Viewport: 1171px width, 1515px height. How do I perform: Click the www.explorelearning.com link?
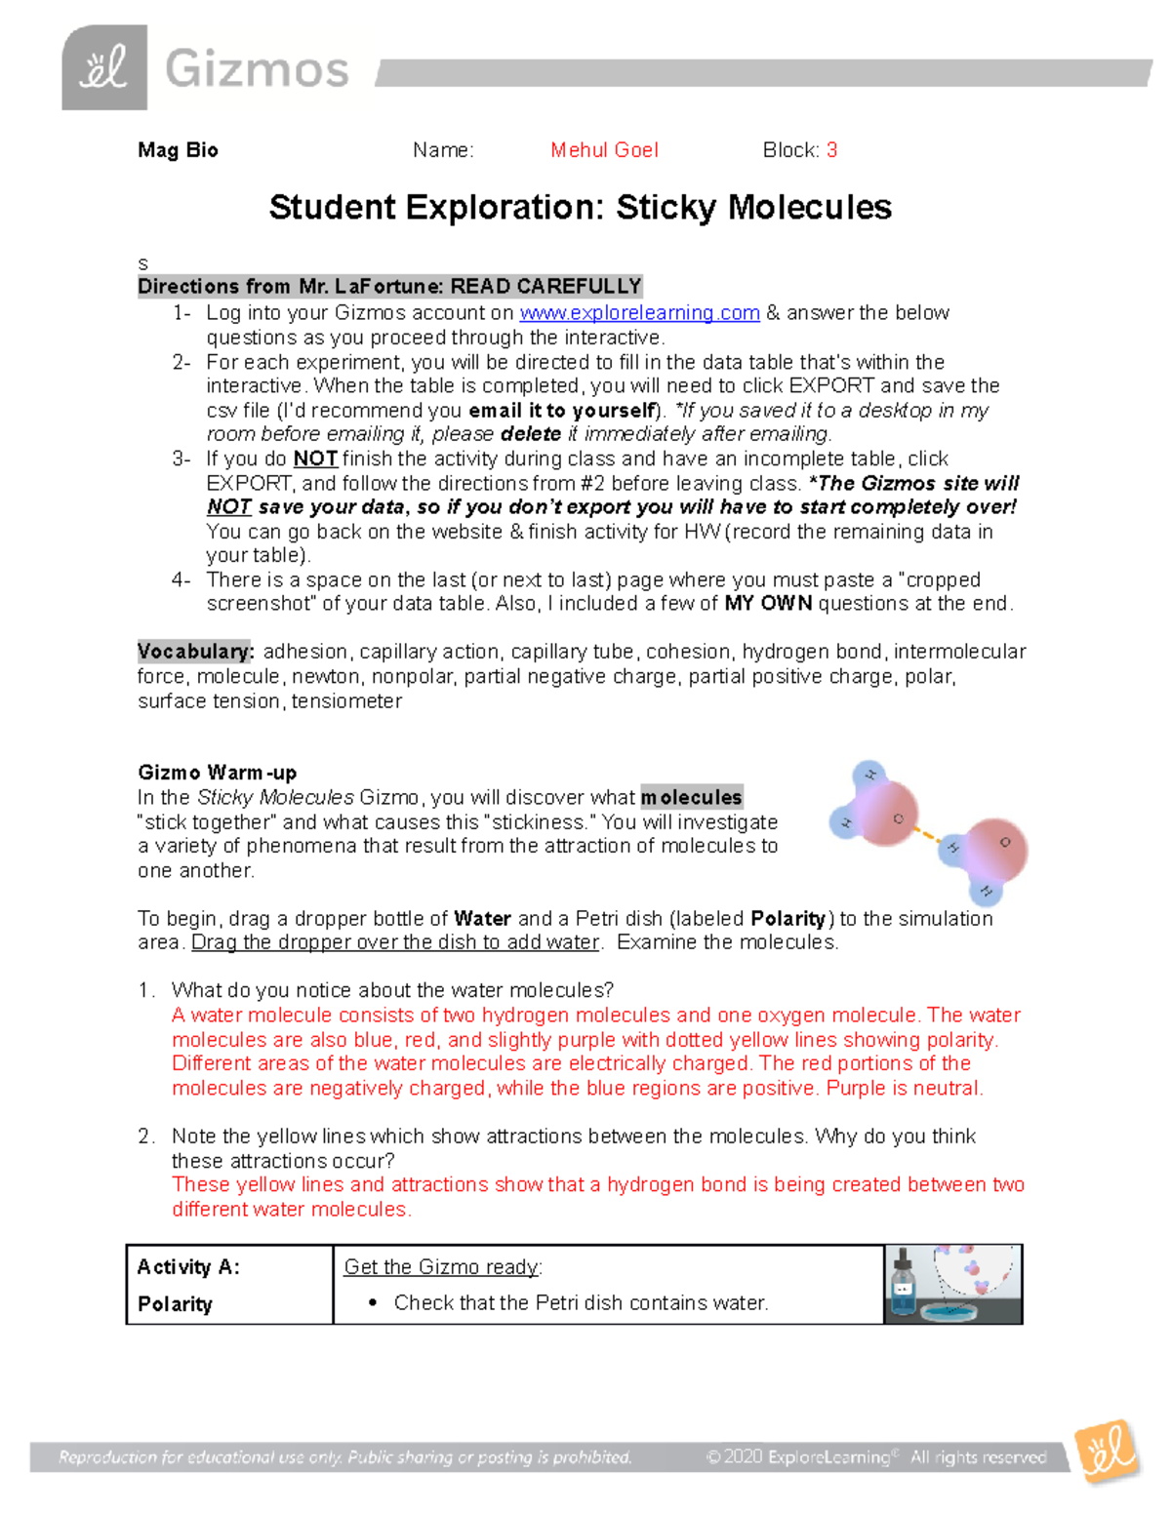pos(639,313)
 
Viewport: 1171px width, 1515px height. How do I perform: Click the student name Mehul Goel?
pos(604,150)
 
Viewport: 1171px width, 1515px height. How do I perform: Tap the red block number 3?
pos(831,150)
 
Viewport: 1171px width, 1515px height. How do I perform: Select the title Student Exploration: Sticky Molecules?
pos(580,208)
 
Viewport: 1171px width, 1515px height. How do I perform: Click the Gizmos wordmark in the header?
pos(257,70)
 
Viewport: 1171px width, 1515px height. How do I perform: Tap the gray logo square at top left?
pos(104,68)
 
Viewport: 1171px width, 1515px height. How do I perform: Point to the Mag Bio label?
pos(178,150)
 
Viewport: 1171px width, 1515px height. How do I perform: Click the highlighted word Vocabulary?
pos(195,652)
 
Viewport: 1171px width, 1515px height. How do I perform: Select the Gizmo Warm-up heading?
pos(217,773)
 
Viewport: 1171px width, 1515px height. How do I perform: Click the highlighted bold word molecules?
pos(691,798)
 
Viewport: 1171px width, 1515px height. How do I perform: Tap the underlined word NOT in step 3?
pos(315,459)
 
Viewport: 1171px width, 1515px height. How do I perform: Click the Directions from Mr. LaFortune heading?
pos(389,287)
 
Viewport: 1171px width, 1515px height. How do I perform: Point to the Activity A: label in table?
pos(188,1267)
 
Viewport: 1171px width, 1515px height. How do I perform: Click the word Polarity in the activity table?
pos(175,1304)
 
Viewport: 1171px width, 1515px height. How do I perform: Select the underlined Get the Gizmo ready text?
pos(442,1267)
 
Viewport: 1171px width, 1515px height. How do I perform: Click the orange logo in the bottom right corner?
pos(1108,1453)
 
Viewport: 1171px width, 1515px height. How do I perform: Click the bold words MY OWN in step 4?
pos(768,604)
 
